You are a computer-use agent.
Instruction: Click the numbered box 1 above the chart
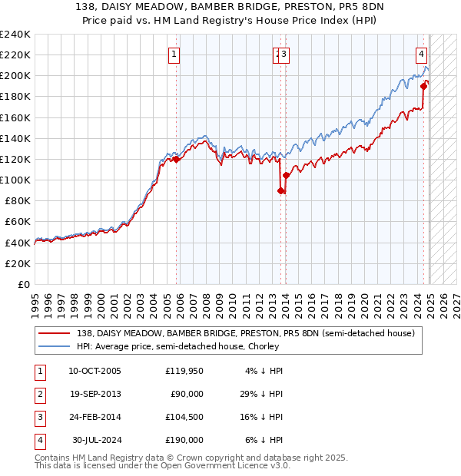click(x=175, y=54)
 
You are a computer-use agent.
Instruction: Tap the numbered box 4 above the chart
click(x=422, y=54)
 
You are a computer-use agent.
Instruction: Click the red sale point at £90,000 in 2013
click(x=280, y=191)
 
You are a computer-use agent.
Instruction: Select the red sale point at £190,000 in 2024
click(x=423, y=86)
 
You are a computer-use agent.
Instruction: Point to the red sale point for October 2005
click(x=176, y=160)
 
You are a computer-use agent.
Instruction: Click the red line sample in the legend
click(x=54, y=333)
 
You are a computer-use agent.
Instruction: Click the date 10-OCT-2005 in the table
click(x=95, y=372)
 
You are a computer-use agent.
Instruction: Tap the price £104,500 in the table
click(x=184, y=418)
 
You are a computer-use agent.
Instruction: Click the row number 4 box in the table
click(x=38, y=441)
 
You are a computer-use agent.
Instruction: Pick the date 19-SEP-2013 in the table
click(x=95, y=395)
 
